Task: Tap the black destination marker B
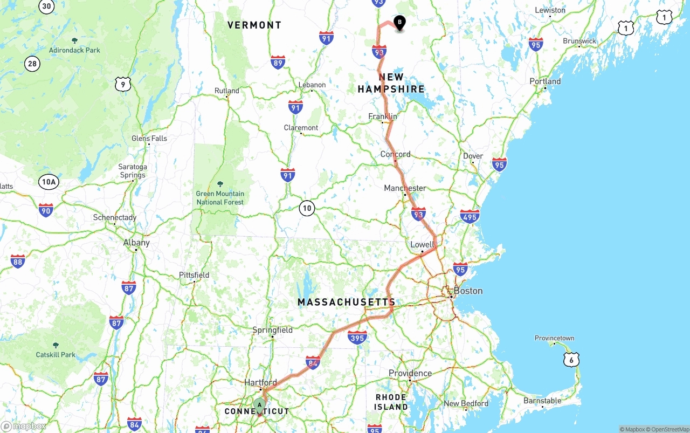point(399,23)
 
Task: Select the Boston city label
point(467,291)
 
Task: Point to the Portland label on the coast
point(545,81)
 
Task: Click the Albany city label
point(136,243)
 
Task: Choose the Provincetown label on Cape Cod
point(554,338)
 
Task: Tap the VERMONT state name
point(254,25)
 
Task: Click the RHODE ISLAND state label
point(391,402)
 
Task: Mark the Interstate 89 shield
point(278,62)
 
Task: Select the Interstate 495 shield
point(470,217)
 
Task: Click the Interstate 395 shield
point(357,338)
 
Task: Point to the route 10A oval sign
point(49,182)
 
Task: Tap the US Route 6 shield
point(571,360)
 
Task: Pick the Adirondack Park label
point(74,50)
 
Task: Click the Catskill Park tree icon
point(56,345)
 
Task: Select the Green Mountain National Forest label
point(220,198)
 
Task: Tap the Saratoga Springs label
point(133,171)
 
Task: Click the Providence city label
point(410,373)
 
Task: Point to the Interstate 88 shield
point(18,262)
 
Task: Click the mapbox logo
point(24,426)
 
